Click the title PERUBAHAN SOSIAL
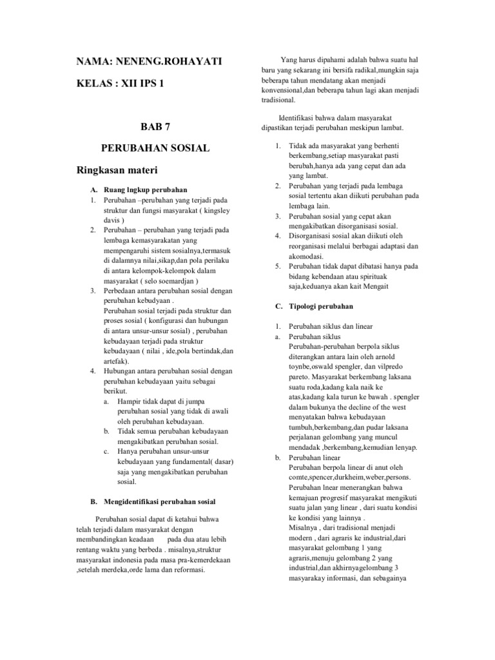(x=155, y=148)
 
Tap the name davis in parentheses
(x=112, y=220)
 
